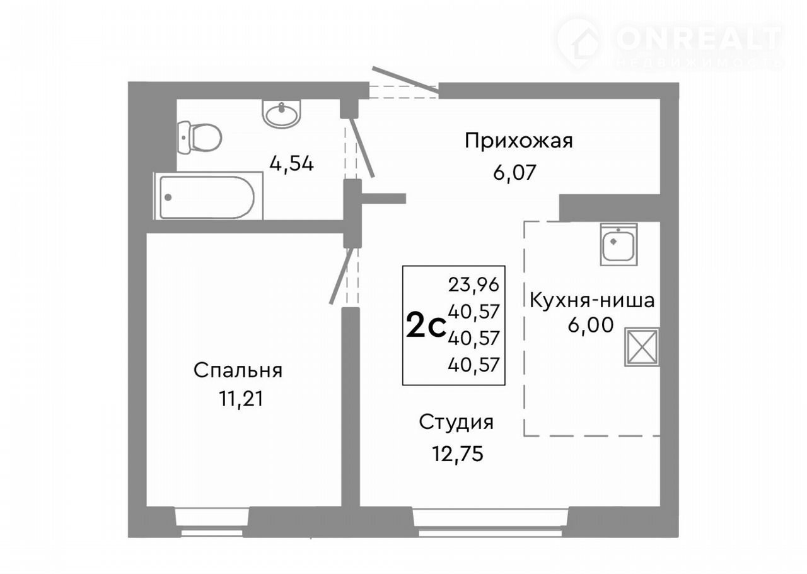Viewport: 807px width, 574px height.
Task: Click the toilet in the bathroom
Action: coord(199,138)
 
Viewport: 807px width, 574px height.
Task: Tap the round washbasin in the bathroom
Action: coord(281,113)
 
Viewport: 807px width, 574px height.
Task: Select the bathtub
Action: coord(208,196)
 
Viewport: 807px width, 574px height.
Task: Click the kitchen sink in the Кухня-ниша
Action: coord(618,244)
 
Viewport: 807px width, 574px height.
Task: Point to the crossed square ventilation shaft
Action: coord(642,347)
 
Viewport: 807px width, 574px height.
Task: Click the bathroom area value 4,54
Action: coord(291,165)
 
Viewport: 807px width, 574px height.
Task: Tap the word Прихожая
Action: coord(518,141)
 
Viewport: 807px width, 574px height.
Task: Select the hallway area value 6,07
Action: coord(514,173)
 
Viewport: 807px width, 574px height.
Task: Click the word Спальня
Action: coord(238,370)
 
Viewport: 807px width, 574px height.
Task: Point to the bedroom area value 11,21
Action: coord(241,399)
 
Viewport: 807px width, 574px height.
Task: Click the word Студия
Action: coord(456,422)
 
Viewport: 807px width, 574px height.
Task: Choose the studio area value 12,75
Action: coord(458,454)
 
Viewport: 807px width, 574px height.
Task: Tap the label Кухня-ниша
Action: coord(592,300)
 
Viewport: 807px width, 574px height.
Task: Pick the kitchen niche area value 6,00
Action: coord(591,325)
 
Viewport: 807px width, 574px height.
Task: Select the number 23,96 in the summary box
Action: coord(473,285)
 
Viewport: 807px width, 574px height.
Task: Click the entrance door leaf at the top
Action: coord(405,80)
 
